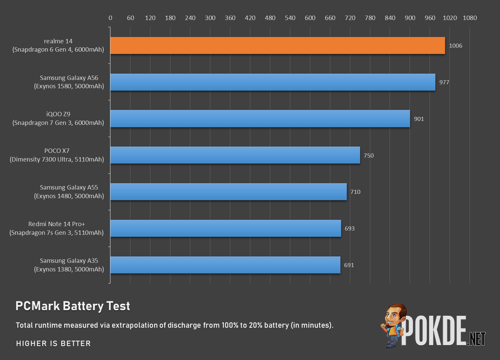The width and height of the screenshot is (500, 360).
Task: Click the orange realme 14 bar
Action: (x=277, y=46)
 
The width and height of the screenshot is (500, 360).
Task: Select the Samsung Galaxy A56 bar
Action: (x=273, y=82)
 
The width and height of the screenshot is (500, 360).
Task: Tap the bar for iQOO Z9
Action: (x=260, y=119)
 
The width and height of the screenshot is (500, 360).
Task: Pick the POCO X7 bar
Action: (x=235, y=155)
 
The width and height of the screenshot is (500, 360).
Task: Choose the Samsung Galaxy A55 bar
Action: (x=229, y=192)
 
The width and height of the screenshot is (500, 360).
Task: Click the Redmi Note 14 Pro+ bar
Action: (x=226, y=228)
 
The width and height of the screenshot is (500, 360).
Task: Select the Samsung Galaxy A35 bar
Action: (x=225, y=265)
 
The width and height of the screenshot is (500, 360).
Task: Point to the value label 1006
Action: (x=455, y=46)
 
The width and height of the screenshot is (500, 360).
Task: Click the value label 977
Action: (x=444, y=82)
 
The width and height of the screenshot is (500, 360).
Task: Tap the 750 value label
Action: (x=368, y=156)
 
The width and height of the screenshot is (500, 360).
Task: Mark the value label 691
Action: (x=349, y=265)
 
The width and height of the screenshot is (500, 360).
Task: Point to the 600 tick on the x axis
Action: (x=310, y=18)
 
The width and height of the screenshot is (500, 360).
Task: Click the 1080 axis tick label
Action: (x=470, y=18)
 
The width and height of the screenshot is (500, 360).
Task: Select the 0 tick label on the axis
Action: (x=110, y=18)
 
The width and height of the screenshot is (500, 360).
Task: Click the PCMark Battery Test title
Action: (x=73, y=306)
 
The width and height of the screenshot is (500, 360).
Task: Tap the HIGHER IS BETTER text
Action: (x=53, y=343)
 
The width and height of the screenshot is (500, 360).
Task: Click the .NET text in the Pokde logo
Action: (x=477, y=339)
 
